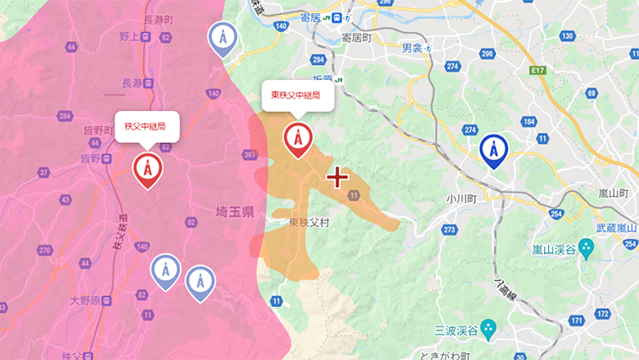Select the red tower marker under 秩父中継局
pos(148,170)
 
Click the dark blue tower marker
pos(494,151)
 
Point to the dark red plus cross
pos(337,177)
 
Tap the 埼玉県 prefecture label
pos(235,214)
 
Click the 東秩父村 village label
pos(308,223)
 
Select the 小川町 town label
pos(462,199)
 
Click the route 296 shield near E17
pos(487,54)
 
